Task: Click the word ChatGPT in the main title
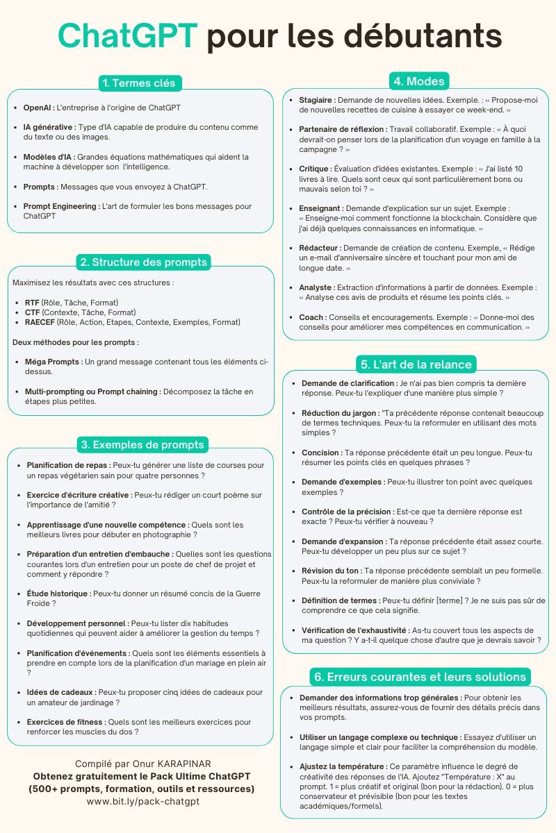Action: coord(128,35)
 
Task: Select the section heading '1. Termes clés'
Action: coord(140,83)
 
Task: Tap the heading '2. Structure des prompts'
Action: coord(143,262)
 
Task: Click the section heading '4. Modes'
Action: coord(418,81)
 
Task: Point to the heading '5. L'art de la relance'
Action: coord(416,364)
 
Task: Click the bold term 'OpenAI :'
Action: coord(38,108)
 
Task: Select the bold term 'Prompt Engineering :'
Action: coord(61,206)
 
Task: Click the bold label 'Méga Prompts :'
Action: coord(54,362)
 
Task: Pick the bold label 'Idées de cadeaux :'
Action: coord(61,692)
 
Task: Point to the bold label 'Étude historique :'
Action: coord(58,594)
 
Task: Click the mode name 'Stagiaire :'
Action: coord(317,100)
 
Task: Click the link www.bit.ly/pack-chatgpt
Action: coord(142,802)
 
